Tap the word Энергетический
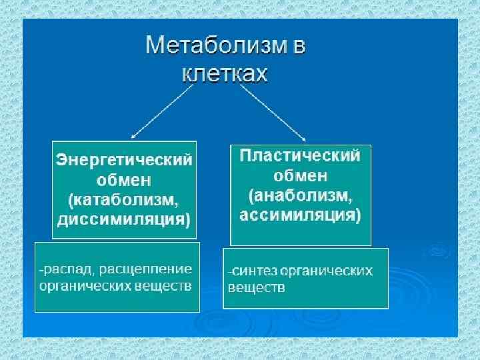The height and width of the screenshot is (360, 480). click(124, 160)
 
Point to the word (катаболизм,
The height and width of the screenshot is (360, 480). click(124, 199)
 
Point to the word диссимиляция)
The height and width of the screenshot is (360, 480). click(124, 218)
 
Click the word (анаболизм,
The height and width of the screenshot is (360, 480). click(300, 196)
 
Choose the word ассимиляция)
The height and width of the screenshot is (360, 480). click(300, 215)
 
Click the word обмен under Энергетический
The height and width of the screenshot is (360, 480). click(124, 179)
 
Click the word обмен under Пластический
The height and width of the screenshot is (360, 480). click(300, 176)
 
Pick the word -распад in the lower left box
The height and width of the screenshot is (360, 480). click(61, 269)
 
